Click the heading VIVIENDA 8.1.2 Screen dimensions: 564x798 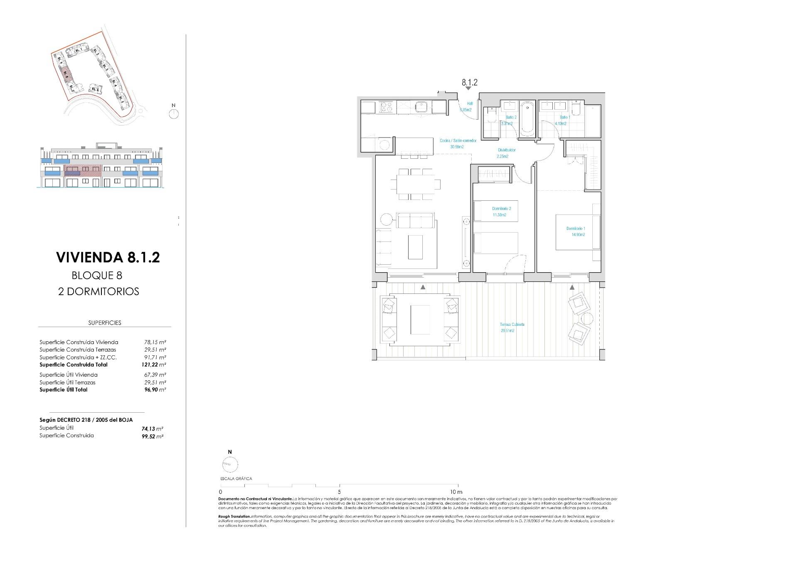click(108, 257)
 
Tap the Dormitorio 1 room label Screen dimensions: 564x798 click(576, 232)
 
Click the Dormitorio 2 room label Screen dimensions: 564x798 click(501, 212)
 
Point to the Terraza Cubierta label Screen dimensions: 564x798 click(512, 327)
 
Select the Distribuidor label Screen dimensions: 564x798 click(506, 153)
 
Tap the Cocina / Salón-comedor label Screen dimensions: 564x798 click(458, 143)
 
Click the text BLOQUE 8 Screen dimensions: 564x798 click(97, 275)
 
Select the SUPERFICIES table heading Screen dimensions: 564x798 click(105, 323)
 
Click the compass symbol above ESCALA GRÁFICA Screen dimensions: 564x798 click(230, 464)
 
